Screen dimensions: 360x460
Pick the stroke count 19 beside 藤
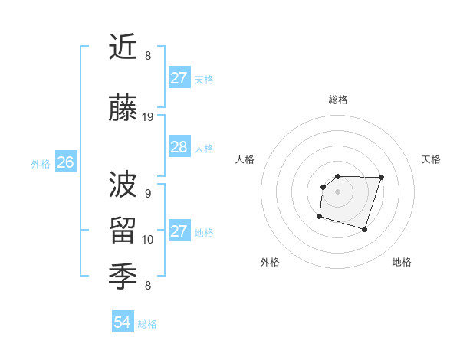pos(148,117)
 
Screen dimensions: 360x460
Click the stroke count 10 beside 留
pos(148,240)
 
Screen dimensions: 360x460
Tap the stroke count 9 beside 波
pos(148,193)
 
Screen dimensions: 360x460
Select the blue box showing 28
pos(179,147)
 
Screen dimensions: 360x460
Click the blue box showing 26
pos(65,162)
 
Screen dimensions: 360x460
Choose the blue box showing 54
pos(123,323)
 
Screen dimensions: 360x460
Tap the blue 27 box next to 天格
pos(179,78)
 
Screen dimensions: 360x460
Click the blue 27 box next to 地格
pos(179,231)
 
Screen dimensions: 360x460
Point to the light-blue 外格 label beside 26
pos(41,163)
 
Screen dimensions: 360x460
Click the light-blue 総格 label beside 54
pos(147,324)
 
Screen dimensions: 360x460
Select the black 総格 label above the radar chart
pos(337,100)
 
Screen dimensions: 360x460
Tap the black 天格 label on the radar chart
pos(431,159)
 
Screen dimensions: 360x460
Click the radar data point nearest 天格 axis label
pos(381,177)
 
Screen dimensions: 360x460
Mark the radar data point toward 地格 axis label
pos(364,229)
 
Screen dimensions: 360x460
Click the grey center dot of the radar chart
pos(337,191)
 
